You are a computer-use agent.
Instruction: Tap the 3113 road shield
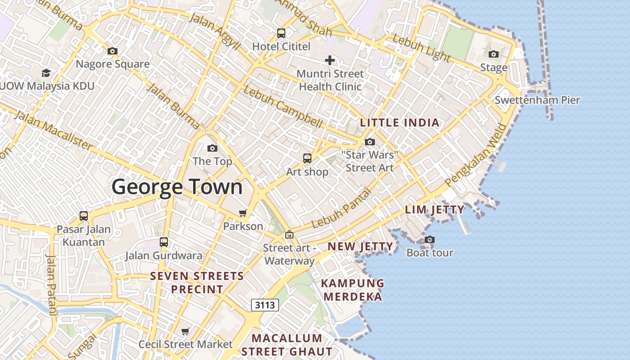pos(265,305)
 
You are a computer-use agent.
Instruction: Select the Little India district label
pos(400,123)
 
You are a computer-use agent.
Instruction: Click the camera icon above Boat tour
pos(430,239)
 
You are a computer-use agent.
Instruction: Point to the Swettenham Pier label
pos(537,100)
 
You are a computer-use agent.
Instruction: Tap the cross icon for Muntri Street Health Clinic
pos(330,60)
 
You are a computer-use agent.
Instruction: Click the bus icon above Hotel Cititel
pos(281,33)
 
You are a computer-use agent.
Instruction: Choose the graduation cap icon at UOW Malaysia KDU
pos(46,73)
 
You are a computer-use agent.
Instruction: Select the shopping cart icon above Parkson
pos(243,213)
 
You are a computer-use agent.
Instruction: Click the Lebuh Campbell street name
pos(283,107)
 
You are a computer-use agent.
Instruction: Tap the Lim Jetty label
pos(435,210)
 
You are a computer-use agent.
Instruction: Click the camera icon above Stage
pos(494,54)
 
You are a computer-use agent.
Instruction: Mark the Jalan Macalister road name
pos(53,130)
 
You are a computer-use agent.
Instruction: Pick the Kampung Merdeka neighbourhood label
pos(353,290)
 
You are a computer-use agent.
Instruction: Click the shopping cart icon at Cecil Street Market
pos(185,332)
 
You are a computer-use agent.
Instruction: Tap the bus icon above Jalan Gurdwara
pos(164,242)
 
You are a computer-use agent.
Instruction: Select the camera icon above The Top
pos(212,148)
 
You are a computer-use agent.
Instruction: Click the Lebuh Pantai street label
pos(342,208)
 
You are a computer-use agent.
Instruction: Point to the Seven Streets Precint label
pos(197,283)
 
